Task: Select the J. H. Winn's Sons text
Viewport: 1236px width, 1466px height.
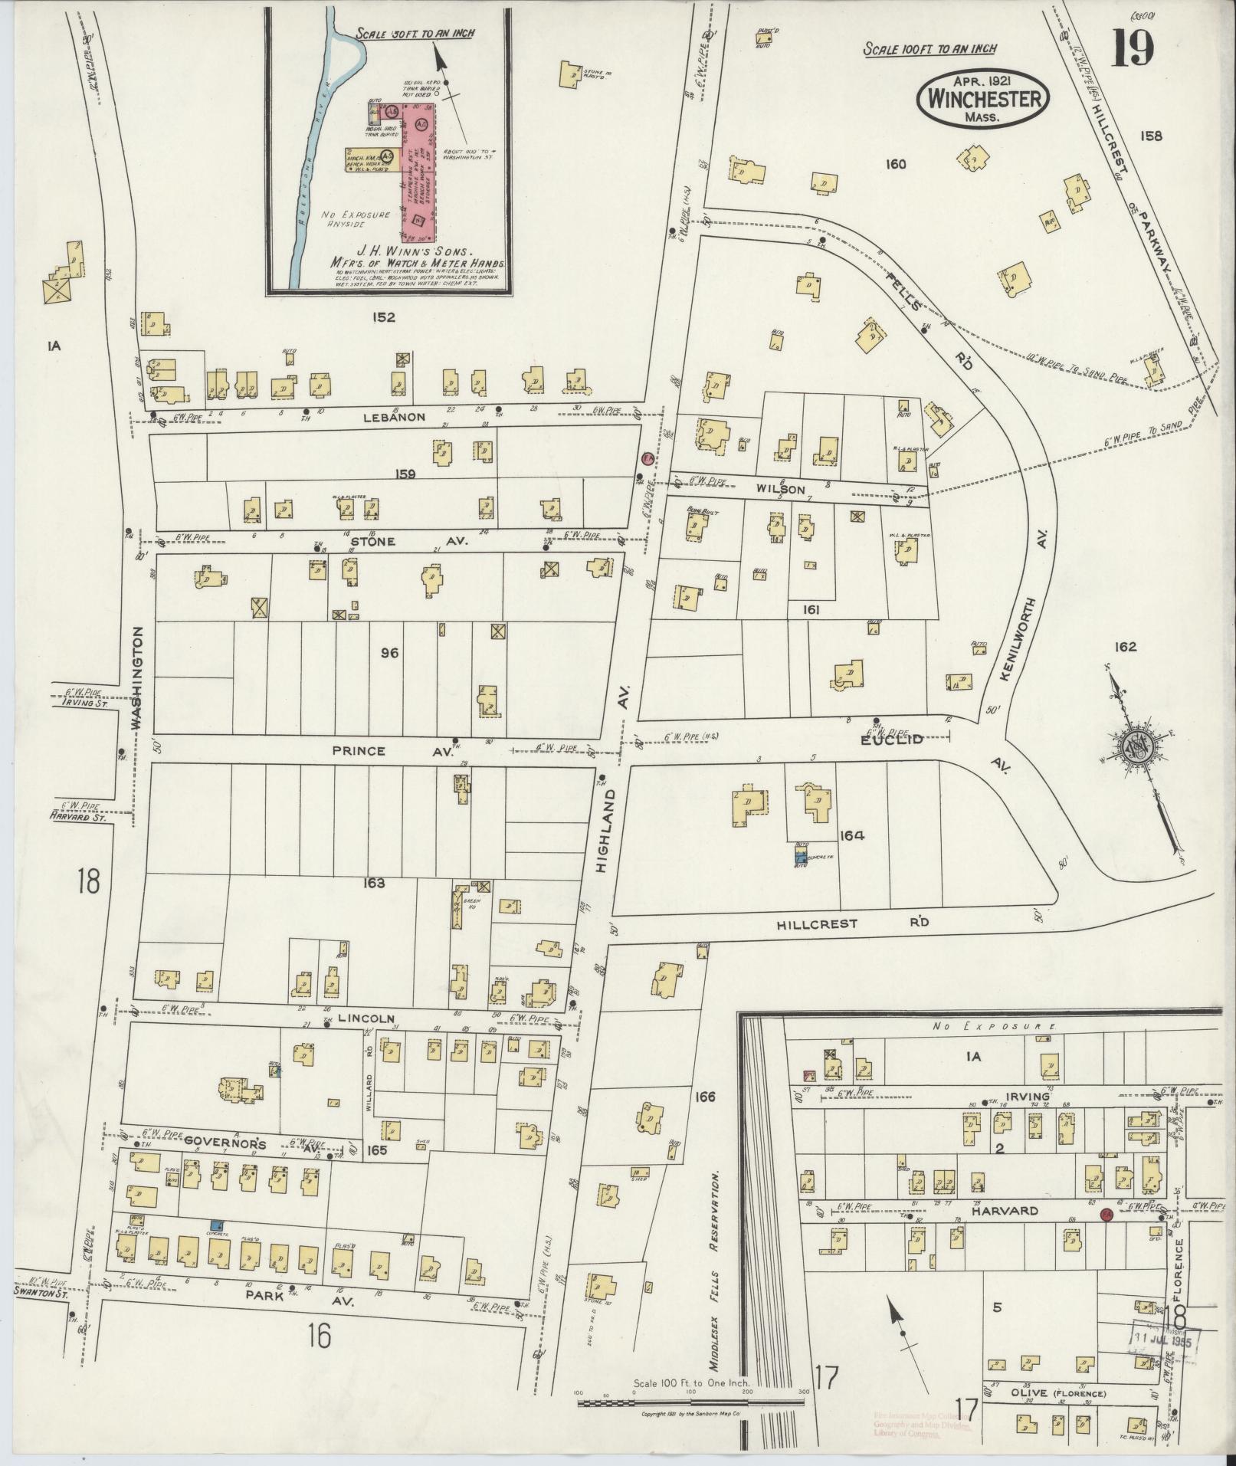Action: click(381, 250)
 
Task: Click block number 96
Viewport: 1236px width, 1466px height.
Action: click(389, 654)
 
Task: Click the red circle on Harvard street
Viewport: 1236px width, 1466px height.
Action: click(1106, 1215)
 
